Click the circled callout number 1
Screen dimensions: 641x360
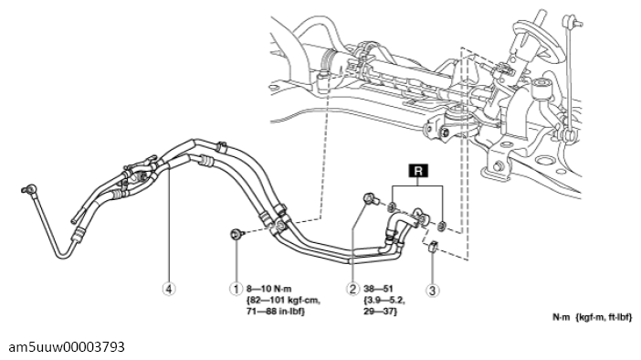236,289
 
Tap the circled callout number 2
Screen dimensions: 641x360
352,289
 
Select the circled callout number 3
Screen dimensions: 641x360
433,290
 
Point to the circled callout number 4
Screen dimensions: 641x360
169,289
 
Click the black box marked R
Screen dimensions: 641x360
418,171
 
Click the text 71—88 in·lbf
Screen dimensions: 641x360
276,312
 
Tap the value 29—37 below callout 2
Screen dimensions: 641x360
380,312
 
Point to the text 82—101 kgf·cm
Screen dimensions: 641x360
283,300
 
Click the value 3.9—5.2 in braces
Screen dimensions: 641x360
384,300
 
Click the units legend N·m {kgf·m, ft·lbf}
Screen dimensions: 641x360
593,317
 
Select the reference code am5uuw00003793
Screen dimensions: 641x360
67,347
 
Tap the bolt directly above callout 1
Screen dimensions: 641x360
236,235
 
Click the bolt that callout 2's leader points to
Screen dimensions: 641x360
370,199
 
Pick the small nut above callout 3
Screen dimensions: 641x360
433,247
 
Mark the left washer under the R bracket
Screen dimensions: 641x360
392,206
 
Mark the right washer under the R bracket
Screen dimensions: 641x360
442,225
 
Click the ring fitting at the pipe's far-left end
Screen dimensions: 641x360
29,189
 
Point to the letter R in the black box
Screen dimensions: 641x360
418,171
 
